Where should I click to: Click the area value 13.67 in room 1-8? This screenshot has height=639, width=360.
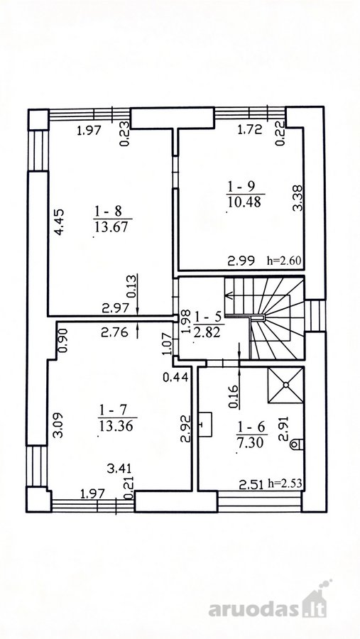[x=111, y=226]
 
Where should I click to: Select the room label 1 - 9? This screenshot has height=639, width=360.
[x=241, y=187]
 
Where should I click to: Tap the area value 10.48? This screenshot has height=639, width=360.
[x=244, y=202]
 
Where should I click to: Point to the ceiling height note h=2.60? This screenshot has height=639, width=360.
[x=284, y=261]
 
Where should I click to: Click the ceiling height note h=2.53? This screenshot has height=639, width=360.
[x=285, y=484]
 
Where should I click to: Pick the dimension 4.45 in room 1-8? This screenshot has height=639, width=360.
[x=60, y=222]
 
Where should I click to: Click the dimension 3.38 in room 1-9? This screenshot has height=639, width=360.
[x=298, y=198]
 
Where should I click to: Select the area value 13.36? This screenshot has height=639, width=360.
[x=116, y=425]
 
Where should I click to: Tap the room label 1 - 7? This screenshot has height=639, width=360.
[x=114, y=409]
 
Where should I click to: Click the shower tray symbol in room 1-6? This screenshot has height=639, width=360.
[x=285, y=385]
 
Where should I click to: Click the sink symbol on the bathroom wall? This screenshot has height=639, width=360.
[x=205, y=424]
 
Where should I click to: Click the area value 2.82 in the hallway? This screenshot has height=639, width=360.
[x=207, y=332]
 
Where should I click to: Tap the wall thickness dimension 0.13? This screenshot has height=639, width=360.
[x=131, y=288]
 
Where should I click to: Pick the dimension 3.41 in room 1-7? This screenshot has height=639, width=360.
[x=119, y=469]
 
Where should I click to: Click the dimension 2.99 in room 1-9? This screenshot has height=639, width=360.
[x=241, y=261]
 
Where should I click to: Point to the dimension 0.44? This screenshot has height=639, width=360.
[x=175, y=378]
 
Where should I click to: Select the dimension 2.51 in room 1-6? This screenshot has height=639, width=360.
[x=250, y=485]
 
